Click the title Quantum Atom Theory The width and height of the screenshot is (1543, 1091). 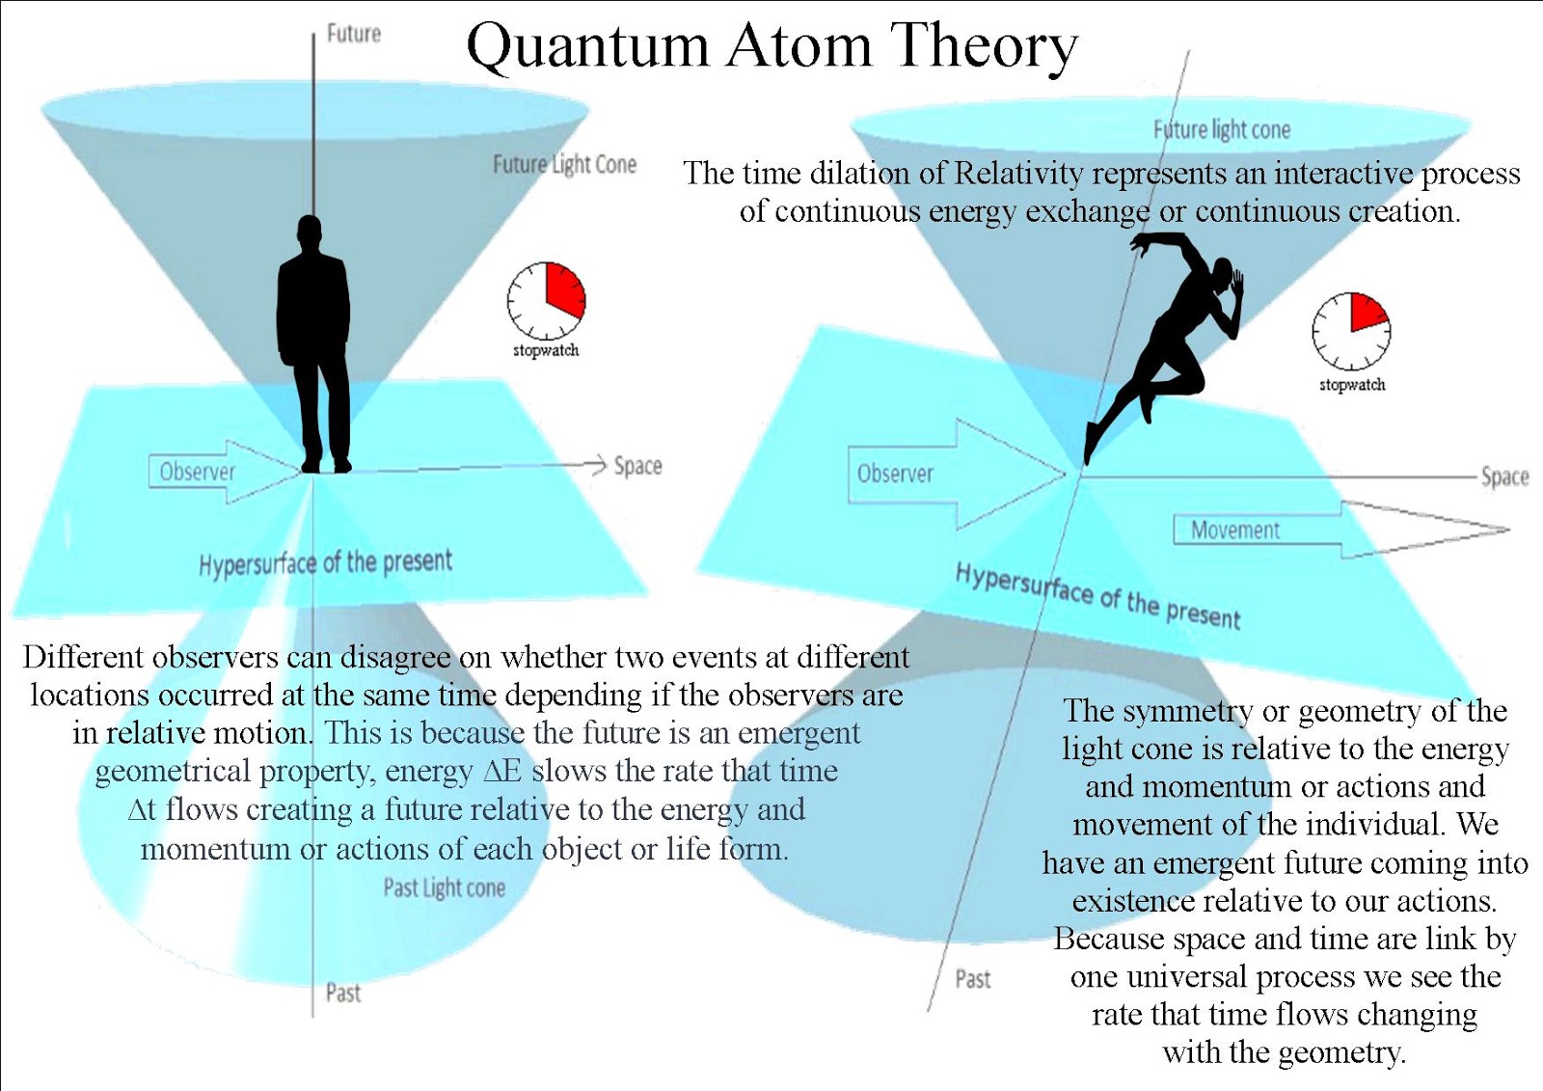pos(771,46)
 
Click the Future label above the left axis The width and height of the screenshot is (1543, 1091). pos(353,34)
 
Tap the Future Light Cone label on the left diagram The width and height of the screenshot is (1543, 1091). pos(564,164)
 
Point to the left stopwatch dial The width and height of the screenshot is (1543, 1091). pos(547,299)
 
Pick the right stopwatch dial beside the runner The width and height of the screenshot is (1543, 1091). pos(1351,331)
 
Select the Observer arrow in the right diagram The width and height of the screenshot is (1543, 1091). pos(955,474)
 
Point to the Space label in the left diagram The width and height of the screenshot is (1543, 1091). pos(637,466)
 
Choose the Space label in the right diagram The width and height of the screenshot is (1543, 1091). pos(1504,477)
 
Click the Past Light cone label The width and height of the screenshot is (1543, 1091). pos(444,887)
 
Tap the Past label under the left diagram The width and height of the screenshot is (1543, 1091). pos(342,993)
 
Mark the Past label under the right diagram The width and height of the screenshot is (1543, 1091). pos(972,979)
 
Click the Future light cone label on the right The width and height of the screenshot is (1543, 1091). pos(1222,129)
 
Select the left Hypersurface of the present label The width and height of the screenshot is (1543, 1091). pos(325,561)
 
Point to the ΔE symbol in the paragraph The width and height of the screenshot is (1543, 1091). pos(501,772)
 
